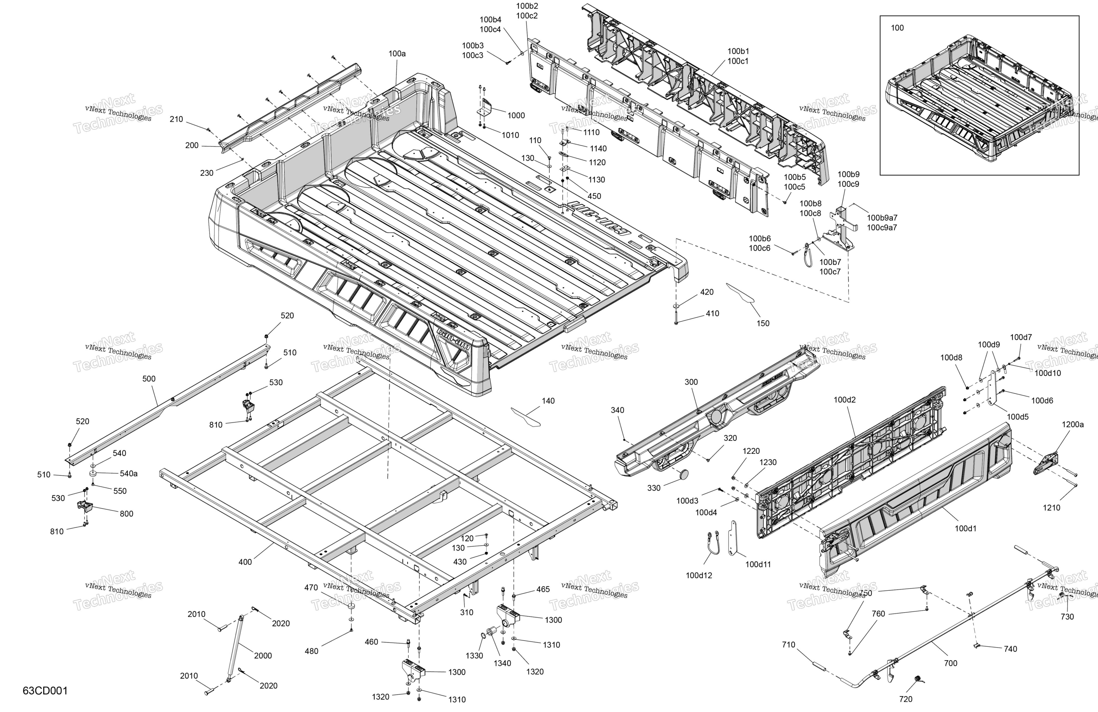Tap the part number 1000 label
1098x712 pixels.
(x=516, y=115)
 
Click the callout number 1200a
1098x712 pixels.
(x=1073, y=424)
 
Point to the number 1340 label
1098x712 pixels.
(x=502, y=663)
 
